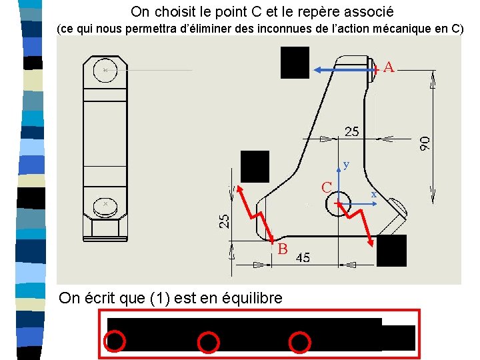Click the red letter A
(389, 67)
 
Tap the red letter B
(283, 249)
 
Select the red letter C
(327, 187)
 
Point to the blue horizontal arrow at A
(345, 70)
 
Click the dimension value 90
(425, 143)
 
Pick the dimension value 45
(303, 257)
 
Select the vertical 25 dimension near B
(224, 221)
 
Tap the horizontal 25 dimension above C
(352, 131)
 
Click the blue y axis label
(346, 165)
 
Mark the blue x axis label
(373, 195)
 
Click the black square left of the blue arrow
(295, 63)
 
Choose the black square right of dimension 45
(391, 251)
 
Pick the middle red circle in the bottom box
(208, 342)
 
